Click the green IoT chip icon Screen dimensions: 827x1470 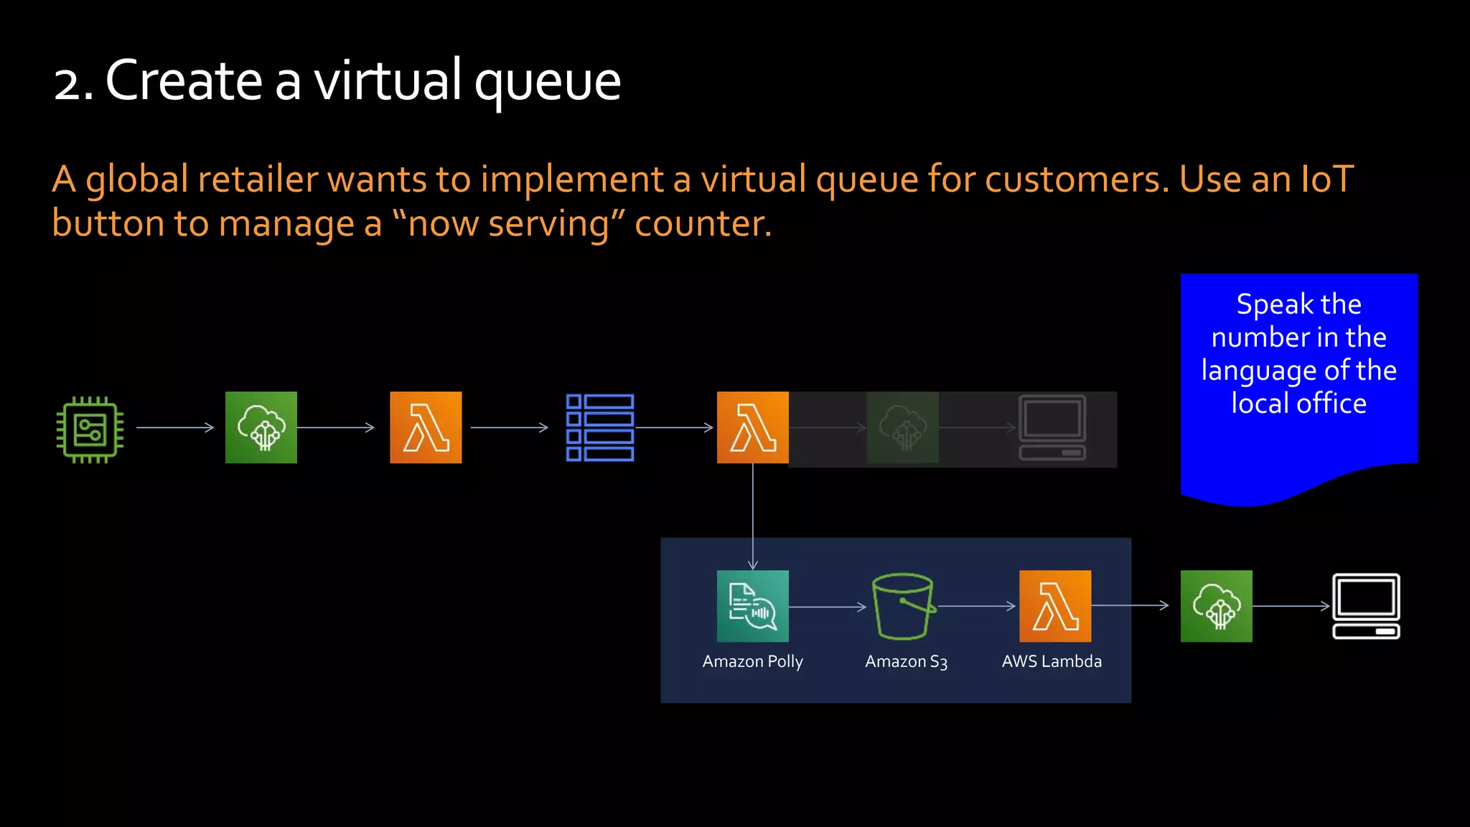(90, 429)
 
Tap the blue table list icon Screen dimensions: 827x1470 (600, 427)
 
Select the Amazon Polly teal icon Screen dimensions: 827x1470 (752, 606)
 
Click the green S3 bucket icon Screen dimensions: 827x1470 (903, 606)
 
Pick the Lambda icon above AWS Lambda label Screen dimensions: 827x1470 (1055, 606)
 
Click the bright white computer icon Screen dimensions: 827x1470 (1366, 606)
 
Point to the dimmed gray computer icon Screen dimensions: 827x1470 (1052, 428)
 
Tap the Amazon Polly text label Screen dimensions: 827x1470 (752, 661)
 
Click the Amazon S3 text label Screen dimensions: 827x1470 (906, 661)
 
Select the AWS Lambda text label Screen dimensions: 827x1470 (1052, 661)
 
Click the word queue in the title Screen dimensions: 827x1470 (547, 82)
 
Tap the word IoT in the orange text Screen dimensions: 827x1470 (1327, 179)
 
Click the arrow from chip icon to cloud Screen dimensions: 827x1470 (174, 428)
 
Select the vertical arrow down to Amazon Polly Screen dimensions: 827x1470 (752, 517)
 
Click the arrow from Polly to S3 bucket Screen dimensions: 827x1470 (827, 607)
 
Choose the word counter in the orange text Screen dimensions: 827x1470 (702, 223)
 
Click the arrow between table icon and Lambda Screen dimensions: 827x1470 (674, 428)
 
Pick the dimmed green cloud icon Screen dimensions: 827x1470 (902, 428)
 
